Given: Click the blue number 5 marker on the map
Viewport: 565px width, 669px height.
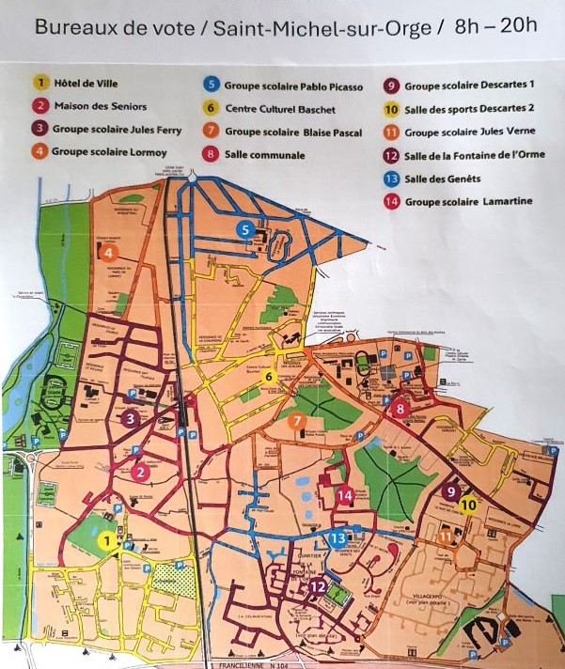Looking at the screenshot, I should point(245,228).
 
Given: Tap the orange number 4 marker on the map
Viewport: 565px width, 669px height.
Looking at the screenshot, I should point(109,252).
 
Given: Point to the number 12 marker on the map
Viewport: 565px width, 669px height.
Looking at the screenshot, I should point(318,586).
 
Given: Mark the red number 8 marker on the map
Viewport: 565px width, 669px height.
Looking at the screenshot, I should point(400,409).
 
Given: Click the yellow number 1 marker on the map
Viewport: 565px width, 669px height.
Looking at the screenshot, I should point(108,540).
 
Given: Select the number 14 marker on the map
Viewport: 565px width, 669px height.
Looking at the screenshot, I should point(345,495).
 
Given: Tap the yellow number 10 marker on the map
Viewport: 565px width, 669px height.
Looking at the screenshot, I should point(469,505).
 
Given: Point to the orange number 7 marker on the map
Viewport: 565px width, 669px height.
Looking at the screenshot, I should point(296,421).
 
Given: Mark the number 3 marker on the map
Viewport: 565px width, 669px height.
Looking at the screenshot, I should point(131,419).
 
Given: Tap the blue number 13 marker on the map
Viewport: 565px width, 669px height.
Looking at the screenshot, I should point(337,538).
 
